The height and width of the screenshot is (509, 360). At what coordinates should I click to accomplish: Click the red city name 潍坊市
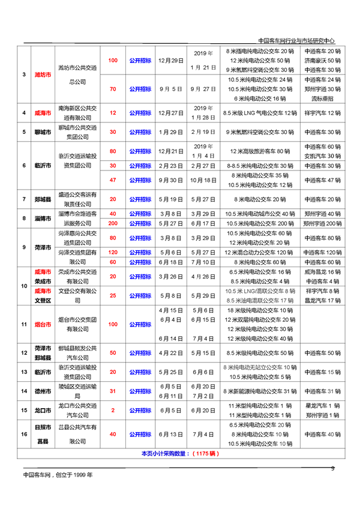41,74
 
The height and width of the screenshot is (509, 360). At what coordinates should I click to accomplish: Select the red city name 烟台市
41,324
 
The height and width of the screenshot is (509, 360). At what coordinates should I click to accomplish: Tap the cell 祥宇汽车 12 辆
322,113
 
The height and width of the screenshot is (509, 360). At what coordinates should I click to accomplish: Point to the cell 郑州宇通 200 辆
322,223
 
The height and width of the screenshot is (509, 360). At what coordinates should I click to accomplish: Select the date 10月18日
202,179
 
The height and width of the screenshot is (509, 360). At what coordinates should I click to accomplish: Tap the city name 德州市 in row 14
41,391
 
